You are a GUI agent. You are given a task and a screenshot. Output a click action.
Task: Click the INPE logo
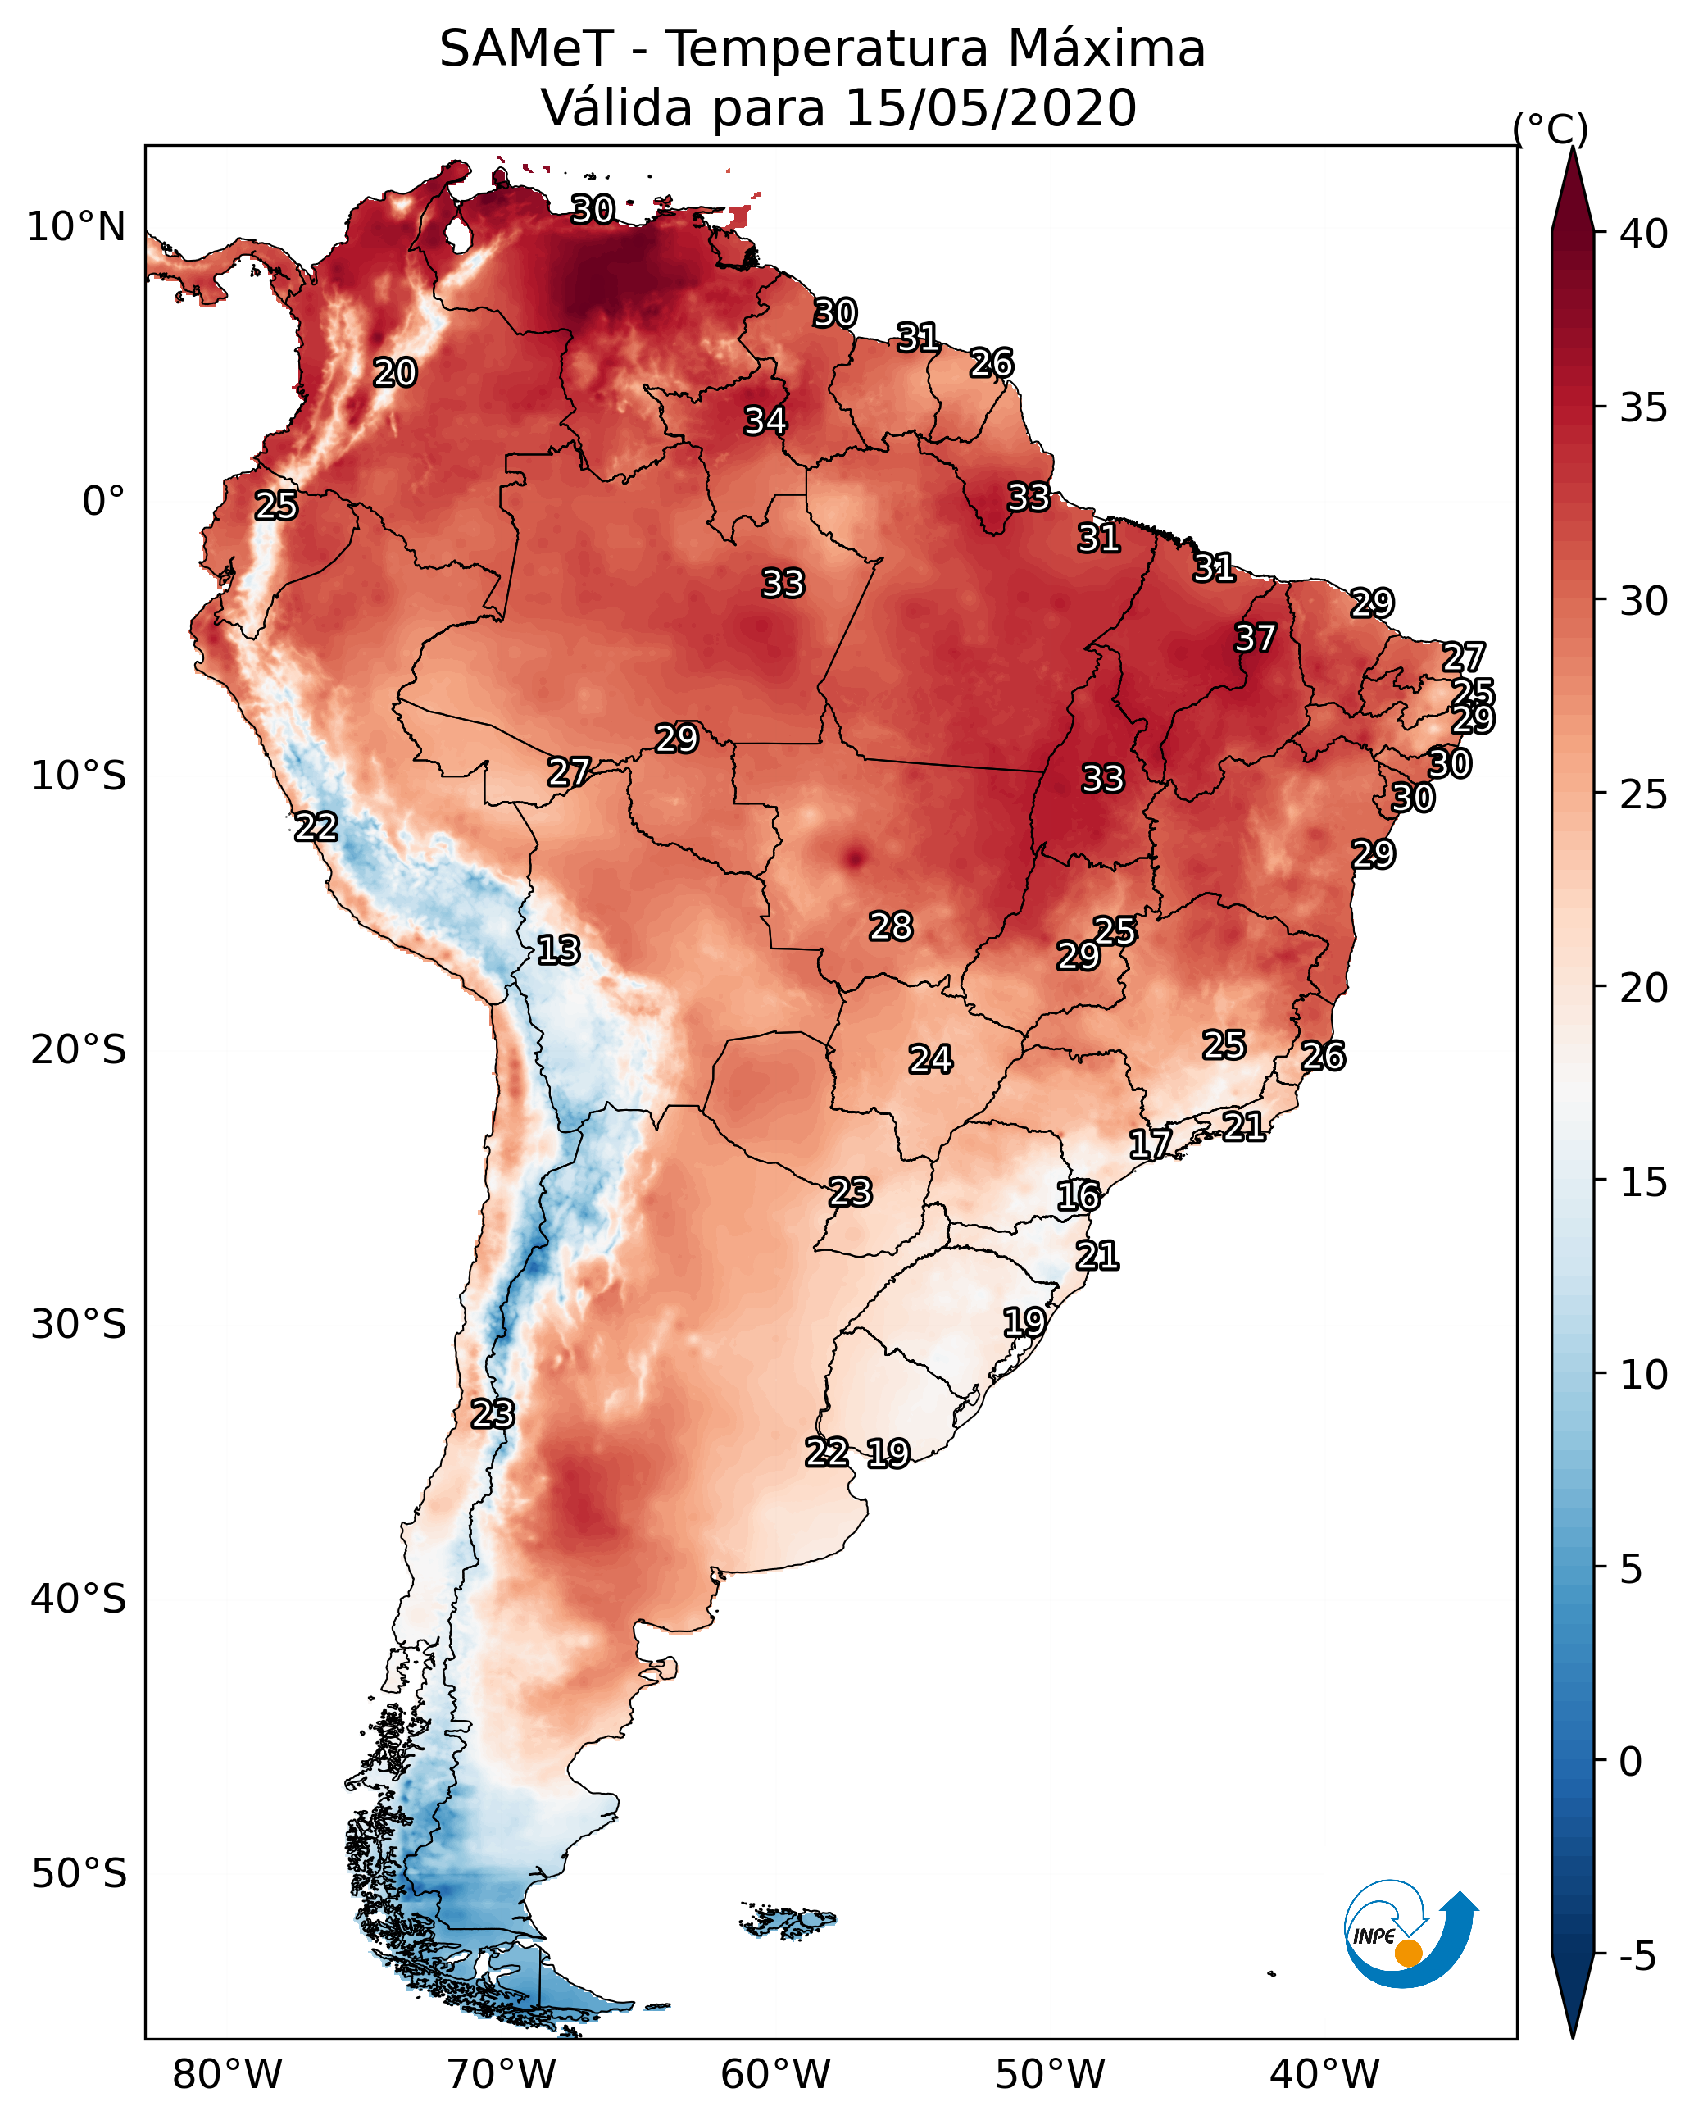click(x=1412, y=1933)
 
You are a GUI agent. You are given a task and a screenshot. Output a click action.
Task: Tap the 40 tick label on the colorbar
click(x=1644, y=233)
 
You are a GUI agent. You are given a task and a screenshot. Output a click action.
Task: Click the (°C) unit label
click(x=1551, y=129)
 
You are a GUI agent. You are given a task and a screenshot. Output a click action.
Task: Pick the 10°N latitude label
click(x=75, y=226)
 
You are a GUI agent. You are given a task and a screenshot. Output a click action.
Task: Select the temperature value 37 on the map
click(x=1256, y=638)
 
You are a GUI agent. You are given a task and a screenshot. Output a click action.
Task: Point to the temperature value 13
click(x=558, y=950)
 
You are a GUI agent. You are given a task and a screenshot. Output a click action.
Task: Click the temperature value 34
click(x=765, y=421)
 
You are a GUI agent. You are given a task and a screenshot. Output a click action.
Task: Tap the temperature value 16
click(x=1079, y=1196)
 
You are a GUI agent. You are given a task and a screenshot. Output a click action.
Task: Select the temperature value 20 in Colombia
click(x=395, y=373)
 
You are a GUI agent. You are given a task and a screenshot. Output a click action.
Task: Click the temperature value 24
click(x=930, y=1059)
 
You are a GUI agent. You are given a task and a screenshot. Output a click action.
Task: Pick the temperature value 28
click(x=891, y=926)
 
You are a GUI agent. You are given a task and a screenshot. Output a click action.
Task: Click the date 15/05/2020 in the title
click(x=991, y=107)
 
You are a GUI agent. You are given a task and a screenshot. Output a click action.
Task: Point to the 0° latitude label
click(x=104, y=501)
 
